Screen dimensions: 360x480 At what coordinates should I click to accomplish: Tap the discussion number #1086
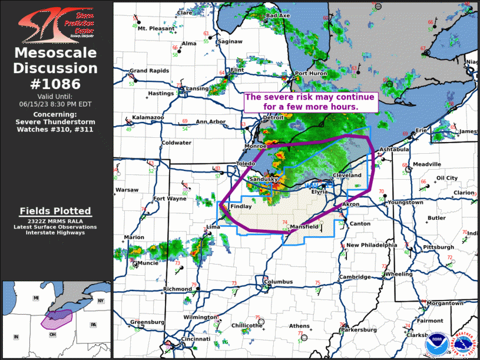[x=56, y=83]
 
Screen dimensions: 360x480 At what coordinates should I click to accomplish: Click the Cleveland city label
[x=347, y=176]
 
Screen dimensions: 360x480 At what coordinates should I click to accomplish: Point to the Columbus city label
[x=278, y=282]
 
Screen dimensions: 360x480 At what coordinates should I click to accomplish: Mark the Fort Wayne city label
[x=170, y=199]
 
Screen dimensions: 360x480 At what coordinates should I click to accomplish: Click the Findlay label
[x=240, y=207]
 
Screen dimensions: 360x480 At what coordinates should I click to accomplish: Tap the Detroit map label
[x=273, y=118]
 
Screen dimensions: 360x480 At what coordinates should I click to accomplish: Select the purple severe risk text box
[x=309, y=101]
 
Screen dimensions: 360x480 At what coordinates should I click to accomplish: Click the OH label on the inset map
[x=52, y=335]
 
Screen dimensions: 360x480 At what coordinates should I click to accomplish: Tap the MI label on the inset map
[x=36, y=299]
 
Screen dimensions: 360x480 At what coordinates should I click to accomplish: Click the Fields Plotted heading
[x=55, y=211]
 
